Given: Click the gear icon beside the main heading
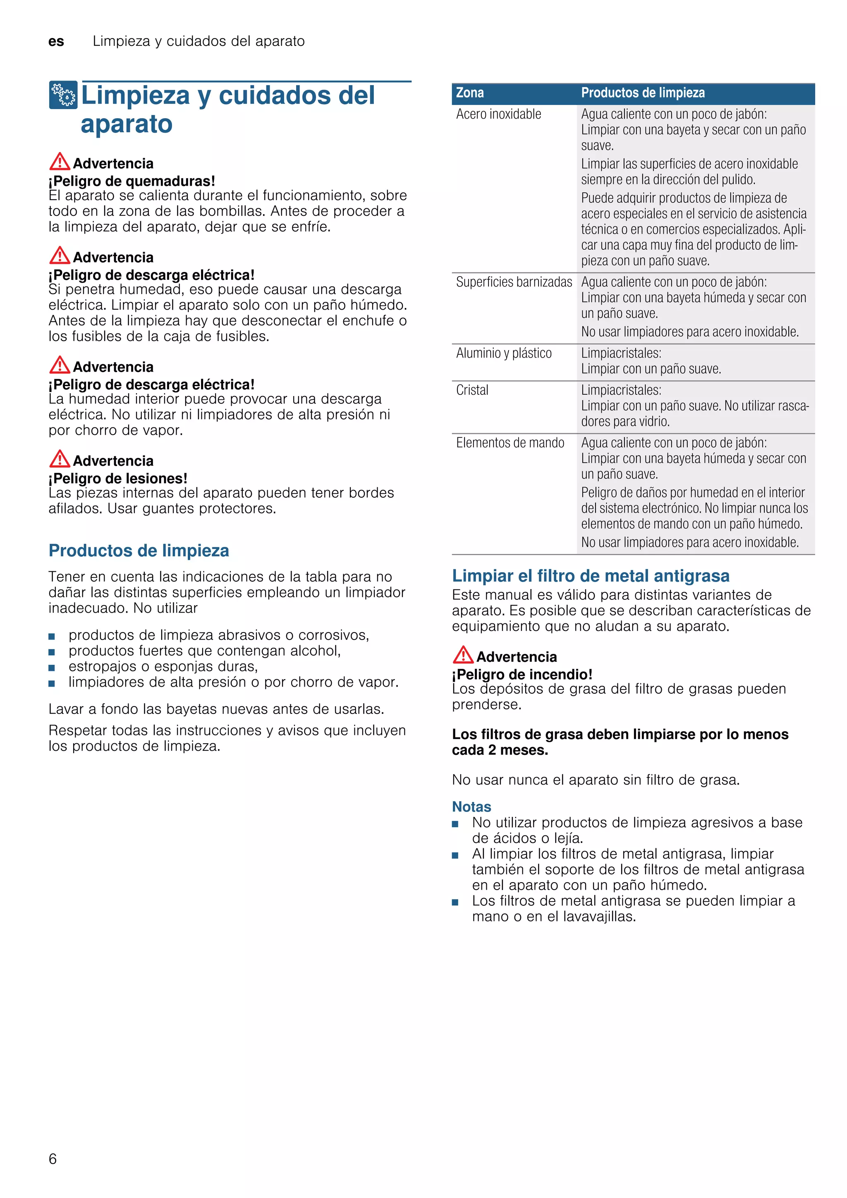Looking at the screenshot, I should pos(63,95).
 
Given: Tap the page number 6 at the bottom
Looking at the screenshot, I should pos(53,1158).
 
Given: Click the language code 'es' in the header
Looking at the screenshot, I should pos(56,41).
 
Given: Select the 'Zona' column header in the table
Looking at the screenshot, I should pos(470,93).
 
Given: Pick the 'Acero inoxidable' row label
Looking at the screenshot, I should pos(498,114).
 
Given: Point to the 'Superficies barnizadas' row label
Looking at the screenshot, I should pos(514,282).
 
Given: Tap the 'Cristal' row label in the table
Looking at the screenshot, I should pos(472,390).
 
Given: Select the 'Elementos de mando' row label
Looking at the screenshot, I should pos(510,443).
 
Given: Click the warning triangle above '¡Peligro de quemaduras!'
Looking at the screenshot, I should pos(60,162).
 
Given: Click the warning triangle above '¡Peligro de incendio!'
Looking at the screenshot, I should pos(463,655).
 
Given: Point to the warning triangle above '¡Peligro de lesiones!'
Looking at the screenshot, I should pos(60,459).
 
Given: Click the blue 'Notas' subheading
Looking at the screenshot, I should pos(471,807).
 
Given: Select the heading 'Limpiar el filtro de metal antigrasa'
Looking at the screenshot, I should pos(590,575).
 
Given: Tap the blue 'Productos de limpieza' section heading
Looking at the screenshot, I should pos(139,551).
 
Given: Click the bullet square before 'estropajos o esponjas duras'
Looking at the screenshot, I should pos(52,667).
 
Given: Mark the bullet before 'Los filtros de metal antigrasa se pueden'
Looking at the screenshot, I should pos(455,902).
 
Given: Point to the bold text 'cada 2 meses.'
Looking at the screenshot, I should pos(500,750).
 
